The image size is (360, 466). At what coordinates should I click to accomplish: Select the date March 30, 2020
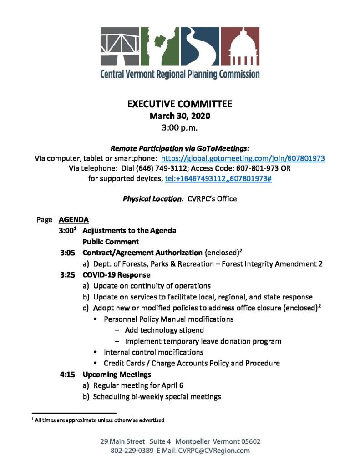[x=180, y=116]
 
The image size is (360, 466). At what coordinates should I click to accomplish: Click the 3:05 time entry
[x=68, y=253]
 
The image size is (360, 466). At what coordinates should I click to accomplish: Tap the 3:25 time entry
[x=68, y=275]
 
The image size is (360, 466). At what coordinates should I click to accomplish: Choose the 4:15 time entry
[x=68, y=375]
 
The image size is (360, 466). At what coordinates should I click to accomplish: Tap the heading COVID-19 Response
[x=116, y=275]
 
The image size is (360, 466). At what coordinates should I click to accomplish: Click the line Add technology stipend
[x=164, y=330]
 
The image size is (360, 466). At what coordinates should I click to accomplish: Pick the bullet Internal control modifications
[x=153, y=352]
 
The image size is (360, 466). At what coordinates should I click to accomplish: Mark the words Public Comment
[x=111, y=242]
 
